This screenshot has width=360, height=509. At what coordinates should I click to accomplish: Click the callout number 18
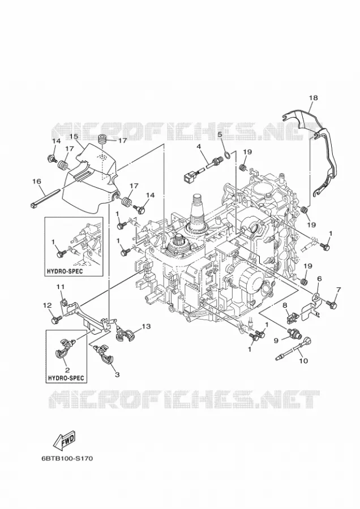tap(313, 98)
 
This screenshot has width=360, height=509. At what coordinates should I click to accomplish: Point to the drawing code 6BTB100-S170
tap(67, 459)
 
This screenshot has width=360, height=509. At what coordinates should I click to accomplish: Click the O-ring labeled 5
tap(229, 155)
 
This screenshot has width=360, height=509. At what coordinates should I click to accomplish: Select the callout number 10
tap(303, 360)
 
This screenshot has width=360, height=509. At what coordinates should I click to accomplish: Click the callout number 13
tap(146, 326)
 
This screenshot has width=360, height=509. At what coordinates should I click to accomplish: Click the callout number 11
tap(61, 286)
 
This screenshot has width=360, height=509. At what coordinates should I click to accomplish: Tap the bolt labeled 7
tap(332, 304)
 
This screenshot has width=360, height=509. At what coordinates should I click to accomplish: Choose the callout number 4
tap(199, 146)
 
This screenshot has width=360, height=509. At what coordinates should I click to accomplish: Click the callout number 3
tap(117, 374)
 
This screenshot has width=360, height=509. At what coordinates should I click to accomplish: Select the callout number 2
tap(67, 370)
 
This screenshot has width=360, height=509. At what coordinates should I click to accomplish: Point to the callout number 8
tap(285, 305)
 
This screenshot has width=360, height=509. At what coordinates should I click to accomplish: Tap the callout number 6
tap(319, 278)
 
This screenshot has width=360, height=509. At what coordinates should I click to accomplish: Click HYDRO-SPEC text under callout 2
tap(66, 378)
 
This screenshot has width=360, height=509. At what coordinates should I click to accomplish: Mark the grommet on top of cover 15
tap(103, 140)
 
